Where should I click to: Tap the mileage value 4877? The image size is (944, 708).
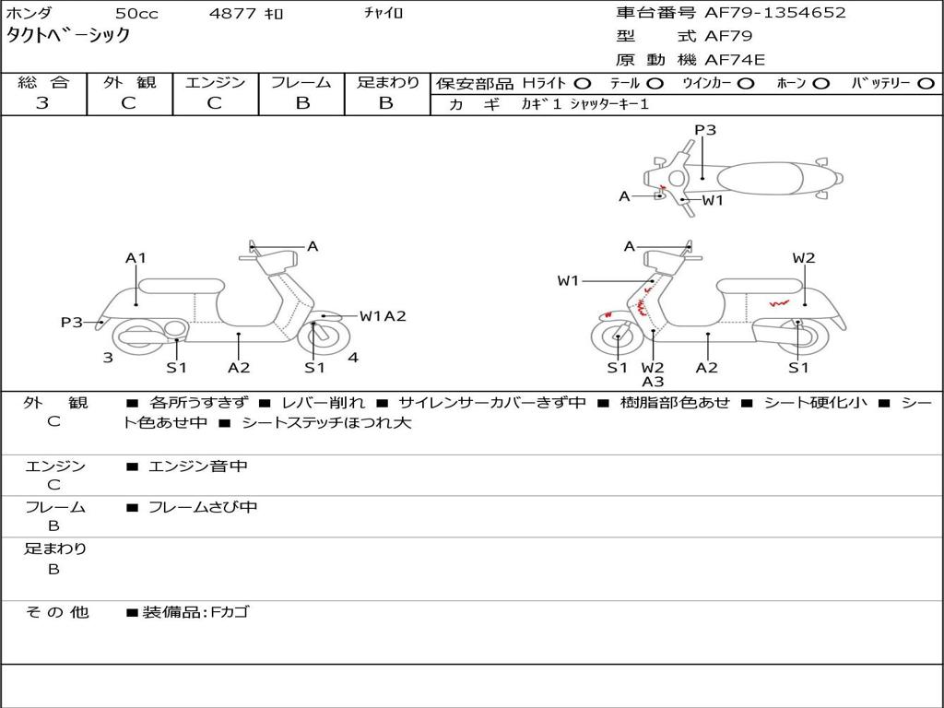(235, 14)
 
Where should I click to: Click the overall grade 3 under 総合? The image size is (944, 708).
(42, 103)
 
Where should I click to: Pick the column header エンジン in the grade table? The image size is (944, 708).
(215, 82)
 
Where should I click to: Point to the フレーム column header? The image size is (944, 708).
(301, 82)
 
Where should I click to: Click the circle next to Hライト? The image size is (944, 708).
(583, 83)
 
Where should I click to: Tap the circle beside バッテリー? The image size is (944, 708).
(926, 83)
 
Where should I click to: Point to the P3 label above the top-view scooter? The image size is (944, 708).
(705, 130)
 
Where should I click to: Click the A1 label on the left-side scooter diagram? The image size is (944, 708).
(136, 258)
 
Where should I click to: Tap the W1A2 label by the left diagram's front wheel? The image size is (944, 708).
(383, 316)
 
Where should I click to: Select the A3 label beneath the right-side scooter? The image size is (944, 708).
(653, 382)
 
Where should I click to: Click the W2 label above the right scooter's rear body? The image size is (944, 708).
(804, 258)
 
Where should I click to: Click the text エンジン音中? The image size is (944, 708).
(198, 466)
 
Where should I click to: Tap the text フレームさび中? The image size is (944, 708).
(203, 507)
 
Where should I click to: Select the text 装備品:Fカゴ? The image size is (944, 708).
(195, 612)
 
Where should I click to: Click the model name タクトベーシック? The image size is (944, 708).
(68, 36)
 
